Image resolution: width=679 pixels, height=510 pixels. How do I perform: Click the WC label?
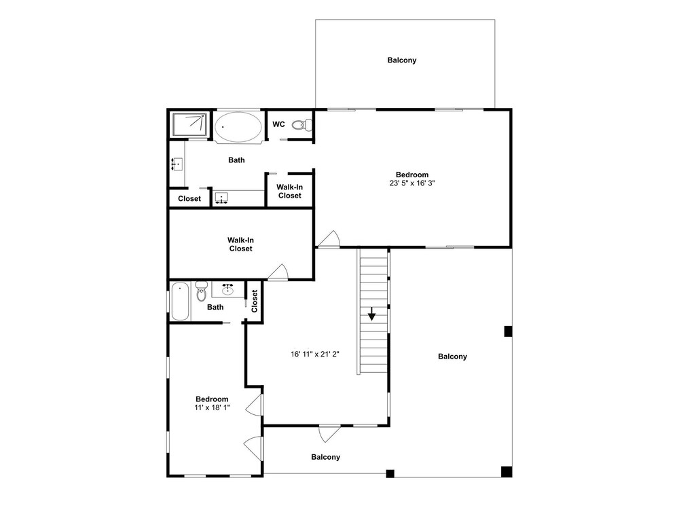278,124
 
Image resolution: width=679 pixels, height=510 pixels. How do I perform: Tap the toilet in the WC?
302,125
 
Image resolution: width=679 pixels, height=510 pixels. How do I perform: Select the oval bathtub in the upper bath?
238,126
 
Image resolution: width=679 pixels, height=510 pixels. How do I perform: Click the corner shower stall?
189,124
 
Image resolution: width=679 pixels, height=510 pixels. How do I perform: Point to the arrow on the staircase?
371,314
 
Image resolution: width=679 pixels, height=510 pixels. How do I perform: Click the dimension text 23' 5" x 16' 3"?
412,183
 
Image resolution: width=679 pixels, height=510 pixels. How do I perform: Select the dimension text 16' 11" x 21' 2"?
315,354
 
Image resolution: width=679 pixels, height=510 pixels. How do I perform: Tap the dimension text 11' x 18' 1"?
212,407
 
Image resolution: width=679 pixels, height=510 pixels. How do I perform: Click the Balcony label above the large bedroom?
402,60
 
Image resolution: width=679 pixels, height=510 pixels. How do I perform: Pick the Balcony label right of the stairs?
452,357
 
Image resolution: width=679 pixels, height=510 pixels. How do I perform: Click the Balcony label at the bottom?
326,457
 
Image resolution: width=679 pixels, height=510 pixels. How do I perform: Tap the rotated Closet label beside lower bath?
254,301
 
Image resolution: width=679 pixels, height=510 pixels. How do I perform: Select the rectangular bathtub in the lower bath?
180,302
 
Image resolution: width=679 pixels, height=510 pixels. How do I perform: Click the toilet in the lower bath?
202,291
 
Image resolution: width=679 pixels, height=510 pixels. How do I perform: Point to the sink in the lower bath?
227,289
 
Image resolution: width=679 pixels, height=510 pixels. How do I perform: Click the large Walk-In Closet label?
241,244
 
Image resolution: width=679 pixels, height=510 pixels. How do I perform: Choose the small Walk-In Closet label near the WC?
290,192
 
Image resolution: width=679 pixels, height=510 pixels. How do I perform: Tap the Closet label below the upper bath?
189,199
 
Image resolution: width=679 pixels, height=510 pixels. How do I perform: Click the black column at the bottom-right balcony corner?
507,471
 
